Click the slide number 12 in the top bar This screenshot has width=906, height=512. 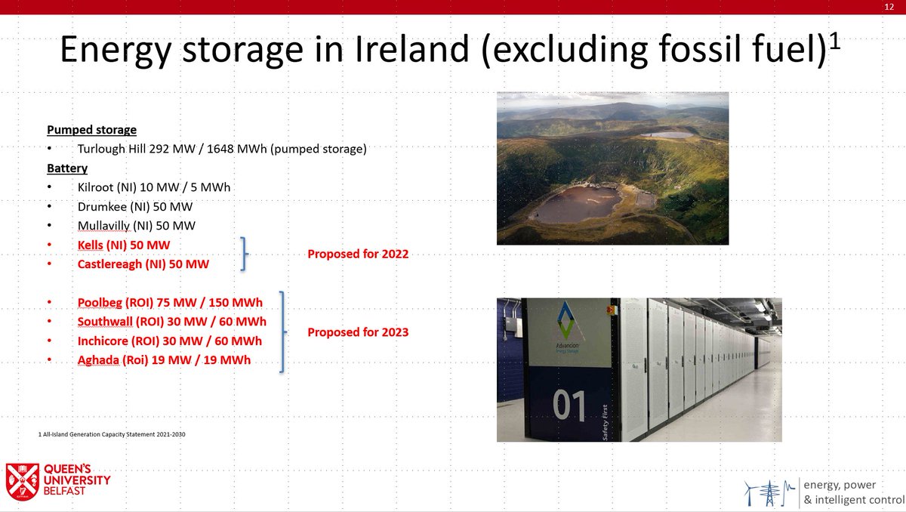click(x=889, y=7)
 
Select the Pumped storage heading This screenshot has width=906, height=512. click(x=91, y=130)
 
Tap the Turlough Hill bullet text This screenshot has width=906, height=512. click(x=222, y=150)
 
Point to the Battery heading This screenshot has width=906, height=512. click(x=67, y=168)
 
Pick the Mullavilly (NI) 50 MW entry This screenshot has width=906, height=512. click(x=141, y=225)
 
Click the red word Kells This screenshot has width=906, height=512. click(x=91, y=245)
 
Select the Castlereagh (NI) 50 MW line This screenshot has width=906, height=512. click(x=143, y=264)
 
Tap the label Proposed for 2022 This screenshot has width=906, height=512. click(x=358, y=254)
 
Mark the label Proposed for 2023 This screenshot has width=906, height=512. click(x=358, y=332)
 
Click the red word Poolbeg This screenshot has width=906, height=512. click(x=100, y=303)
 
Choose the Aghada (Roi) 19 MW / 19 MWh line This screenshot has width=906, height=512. click(x=164, y=360)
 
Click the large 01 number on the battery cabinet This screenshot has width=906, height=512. click(x=569, y=406)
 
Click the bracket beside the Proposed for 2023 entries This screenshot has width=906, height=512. click(x=283, y=332)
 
